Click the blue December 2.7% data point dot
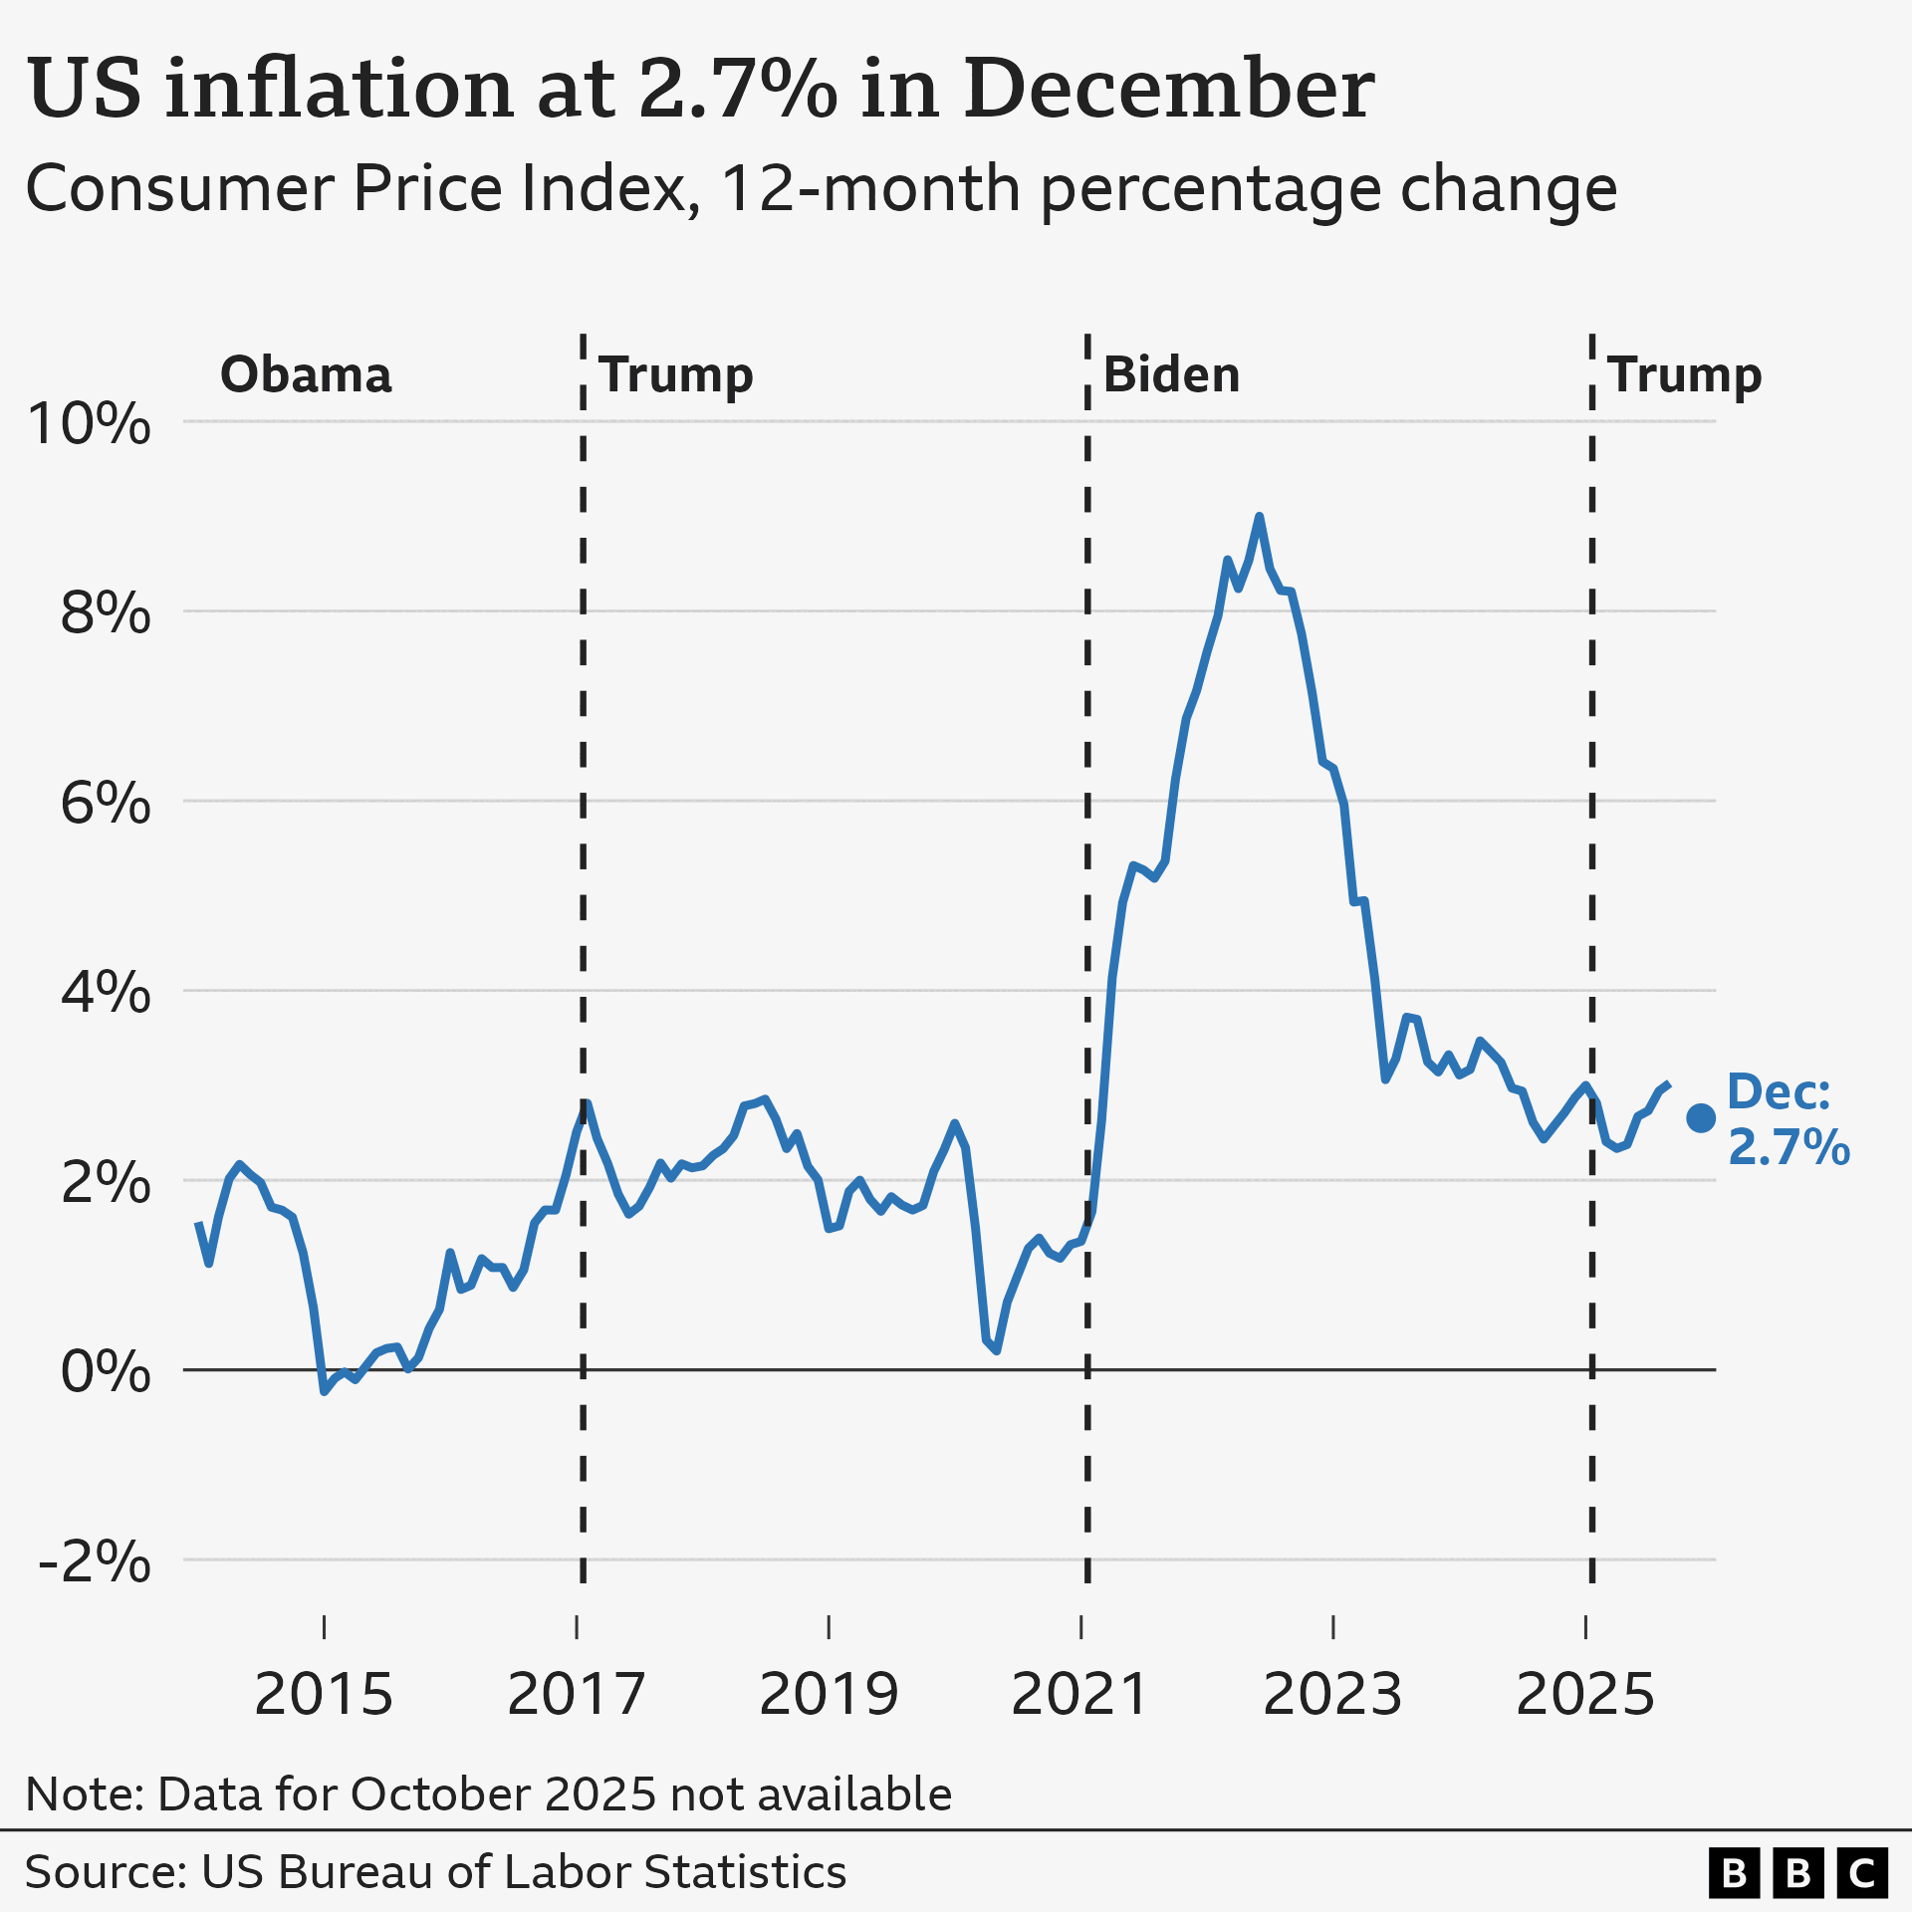(1700, 1118)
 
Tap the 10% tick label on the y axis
(90, 423)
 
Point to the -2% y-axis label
(94, 1560)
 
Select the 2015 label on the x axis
(324, 1694)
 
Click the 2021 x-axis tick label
(1080, 1694)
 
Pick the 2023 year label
(1332, 1694)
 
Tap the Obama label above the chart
(306, 374)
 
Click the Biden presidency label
(1171, 374)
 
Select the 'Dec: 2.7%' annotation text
(1789, 1119)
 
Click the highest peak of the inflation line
(1260, 517)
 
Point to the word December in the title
(1169, 88)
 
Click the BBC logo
(1798, 1873)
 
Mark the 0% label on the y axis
(106, 1371)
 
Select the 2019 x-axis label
(829, 1694)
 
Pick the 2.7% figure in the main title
(738, 88)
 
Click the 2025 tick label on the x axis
(1584, 1694)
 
